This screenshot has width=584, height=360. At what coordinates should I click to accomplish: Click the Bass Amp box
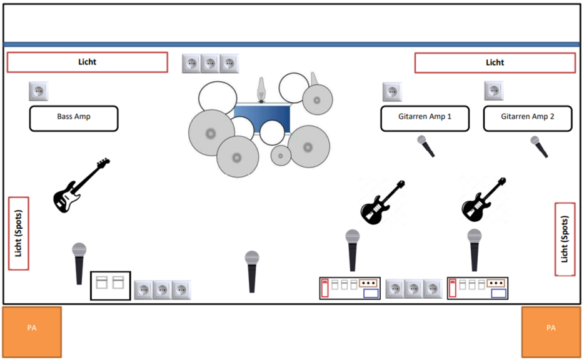[x=74, y=118]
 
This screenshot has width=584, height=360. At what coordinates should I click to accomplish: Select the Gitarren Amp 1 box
[x=425, y=118]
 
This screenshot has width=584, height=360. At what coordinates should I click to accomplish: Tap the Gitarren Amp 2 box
[x=527, y=118]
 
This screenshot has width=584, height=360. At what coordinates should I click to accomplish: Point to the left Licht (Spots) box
[x=19, y=233]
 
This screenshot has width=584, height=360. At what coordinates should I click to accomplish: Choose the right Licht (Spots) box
[x=565, y=239]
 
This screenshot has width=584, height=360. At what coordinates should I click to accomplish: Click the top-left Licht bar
[x=87, y=62]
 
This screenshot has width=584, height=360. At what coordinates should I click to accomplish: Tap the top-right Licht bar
[x=495, y=62]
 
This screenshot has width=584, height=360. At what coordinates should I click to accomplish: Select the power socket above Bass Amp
[x=38, y=91]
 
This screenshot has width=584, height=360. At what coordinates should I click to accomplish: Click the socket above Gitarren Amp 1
[x=392, y=92]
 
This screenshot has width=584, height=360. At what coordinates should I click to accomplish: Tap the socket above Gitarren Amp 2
[x=494, y=91]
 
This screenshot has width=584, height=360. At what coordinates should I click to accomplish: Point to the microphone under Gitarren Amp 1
[x=426, y=146]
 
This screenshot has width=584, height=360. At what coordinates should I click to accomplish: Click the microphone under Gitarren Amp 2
[x=539, y=147]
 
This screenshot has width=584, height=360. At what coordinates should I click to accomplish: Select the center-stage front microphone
[x=252, y=271]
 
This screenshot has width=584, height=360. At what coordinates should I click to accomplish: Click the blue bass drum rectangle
[x=263, y=117]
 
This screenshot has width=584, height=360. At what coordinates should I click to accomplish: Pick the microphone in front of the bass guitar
[x=79, y=262]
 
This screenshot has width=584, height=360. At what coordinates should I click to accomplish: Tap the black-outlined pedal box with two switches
[x=111, y=285]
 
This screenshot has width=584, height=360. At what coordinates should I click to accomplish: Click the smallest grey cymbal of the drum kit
[x=281, y=155]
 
